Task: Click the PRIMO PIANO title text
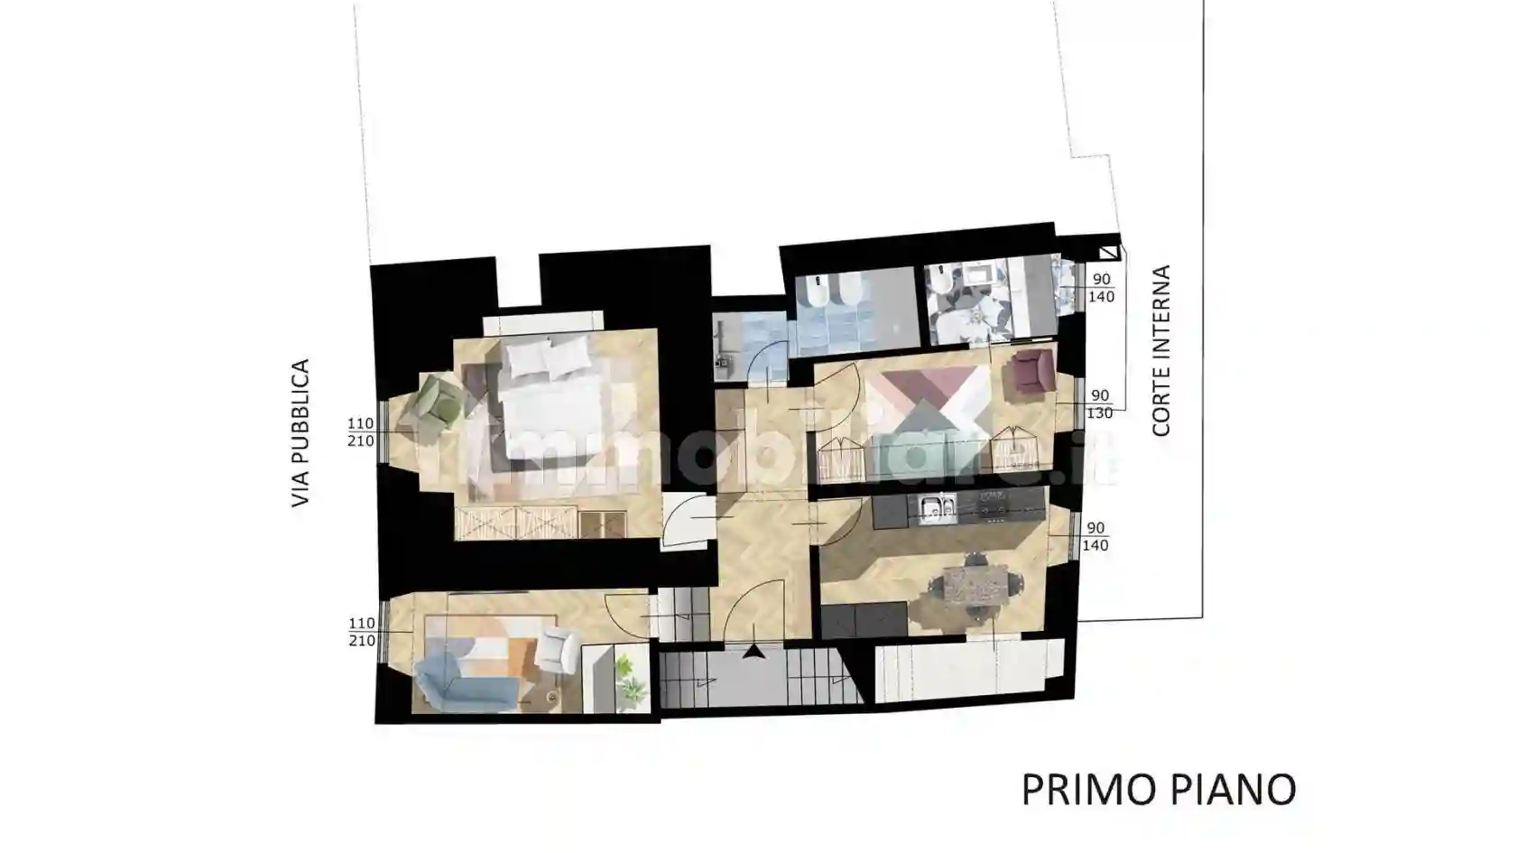1159,790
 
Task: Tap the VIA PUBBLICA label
300,433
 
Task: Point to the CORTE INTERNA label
1161,350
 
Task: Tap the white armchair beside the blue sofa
557,650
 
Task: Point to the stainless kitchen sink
935,510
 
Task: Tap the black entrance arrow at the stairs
753,651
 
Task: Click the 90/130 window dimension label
1099,404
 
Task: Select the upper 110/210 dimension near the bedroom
361,432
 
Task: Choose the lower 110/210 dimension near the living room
361,632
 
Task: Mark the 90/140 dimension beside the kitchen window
1095,536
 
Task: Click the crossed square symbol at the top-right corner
1108,254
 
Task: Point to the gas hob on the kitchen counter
994,511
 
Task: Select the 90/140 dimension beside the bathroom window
1101,288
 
